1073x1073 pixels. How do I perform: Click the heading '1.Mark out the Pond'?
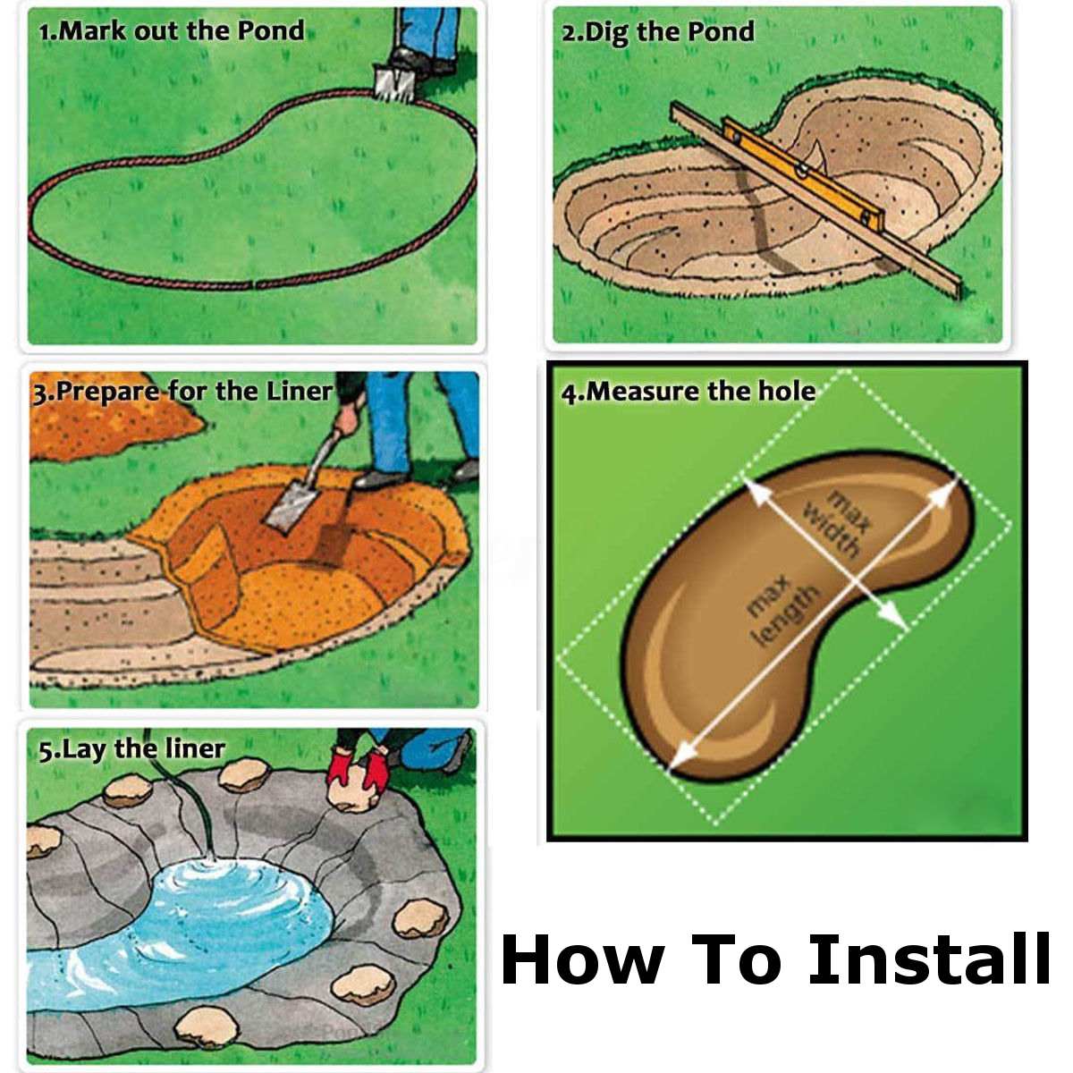point(171,30)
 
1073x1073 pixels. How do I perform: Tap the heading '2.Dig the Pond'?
point(657,33)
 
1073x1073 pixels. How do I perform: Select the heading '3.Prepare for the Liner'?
point(182,392)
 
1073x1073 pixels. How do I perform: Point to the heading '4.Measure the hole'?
point(688,392)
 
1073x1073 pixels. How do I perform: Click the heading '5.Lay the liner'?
point(131,748)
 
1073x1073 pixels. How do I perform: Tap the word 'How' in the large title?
point(582,959)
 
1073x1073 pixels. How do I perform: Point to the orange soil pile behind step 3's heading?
point(107,429)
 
